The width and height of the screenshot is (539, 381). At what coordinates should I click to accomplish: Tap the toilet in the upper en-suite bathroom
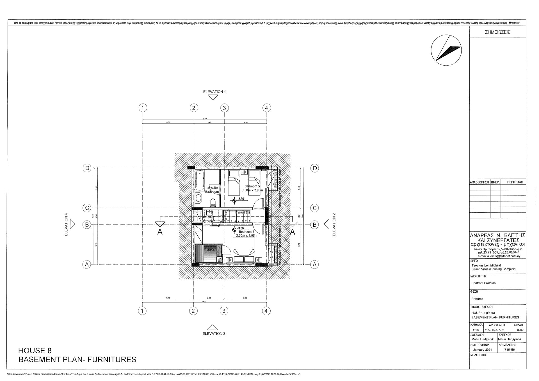[213, 202]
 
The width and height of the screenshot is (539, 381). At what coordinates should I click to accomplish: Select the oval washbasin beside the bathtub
[198, 198]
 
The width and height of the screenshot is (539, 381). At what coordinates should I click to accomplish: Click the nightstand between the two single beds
[244, 172]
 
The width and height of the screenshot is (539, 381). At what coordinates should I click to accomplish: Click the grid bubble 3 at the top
[224, 108]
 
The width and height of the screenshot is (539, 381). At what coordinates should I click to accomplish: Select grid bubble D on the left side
[87, 168]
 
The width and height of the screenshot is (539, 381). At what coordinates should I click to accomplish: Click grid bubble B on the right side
[314, 224]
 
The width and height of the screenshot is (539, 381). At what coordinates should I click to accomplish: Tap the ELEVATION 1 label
[214, 92]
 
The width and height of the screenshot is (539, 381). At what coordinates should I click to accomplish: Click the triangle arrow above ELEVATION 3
[213, 327]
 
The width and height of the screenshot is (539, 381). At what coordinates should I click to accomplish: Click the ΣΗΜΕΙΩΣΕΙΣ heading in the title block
[497, 32]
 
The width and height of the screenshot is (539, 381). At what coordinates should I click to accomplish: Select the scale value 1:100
[476, 330]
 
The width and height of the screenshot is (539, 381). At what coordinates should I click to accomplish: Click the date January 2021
[482, 350]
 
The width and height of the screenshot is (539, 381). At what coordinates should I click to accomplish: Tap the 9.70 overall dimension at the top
[205, 119]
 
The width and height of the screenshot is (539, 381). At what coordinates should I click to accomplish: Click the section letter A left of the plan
[160, 232]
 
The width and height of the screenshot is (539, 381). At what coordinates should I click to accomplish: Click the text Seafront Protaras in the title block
[483, 283]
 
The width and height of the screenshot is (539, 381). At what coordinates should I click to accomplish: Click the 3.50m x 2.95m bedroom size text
[252, 190]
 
